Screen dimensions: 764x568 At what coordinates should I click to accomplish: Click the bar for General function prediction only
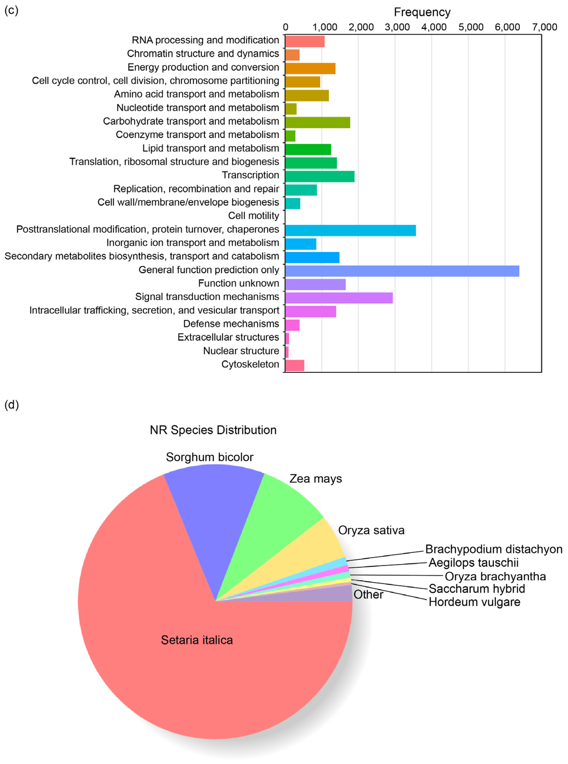402,271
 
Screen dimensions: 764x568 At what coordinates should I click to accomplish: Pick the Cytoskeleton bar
295,365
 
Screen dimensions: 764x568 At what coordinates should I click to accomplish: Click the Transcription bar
319,176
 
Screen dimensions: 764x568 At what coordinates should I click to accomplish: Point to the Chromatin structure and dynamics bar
292,55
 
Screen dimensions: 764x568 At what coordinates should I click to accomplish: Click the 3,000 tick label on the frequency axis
397,27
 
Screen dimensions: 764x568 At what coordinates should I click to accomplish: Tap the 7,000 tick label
544,27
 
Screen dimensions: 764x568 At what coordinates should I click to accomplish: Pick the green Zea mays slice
275,526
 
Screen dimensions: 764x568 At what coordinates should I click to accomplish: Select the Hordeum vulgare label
474,602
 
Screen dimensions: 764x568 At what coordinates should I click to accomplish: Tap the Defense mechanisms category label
231,324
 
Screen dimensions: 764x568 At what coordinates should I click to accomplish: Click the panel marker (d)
11,405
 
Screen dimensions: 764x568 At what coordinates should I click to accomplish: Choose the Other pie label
368,595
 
